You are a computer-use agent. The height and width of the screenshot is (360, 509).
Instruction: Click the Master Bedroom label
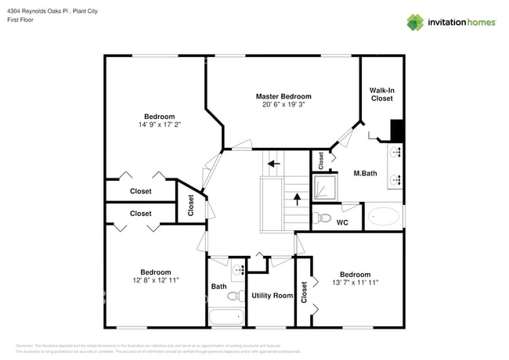(283, 96)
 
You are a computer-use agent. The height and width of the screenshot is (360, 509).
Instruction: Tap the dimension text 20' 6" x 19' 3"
(283, 105)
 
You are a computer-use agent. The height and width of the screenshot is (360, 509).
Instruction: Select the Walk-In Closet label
(381, 95)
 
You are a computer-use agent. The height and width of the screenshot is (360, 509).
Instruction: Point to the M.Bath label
(366, 173)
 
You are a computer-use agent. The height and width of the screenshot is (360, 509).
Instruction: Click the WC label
(342, 223)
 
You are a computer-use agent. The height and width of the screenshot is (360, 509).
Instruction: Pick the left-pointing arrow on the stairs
(273, 164)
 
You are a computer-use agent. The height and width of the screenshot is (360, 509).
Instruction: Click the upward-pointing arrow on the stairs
(297, 199)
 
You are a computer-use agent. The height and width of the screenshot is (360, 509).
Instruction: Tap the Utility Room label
(272, 296)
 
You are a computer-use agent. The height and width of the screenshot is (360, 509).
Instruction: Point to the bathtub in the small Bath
(228, 318)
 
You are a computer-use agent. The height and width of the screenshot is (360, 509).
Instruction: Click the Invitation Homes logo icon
(414, 22)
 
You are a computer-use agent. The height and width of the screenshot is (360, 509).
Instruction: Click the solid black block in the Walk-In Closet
(397, 128)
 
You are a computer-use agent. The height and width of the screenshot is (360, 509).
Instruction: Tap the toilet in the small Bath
(233, 296)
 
